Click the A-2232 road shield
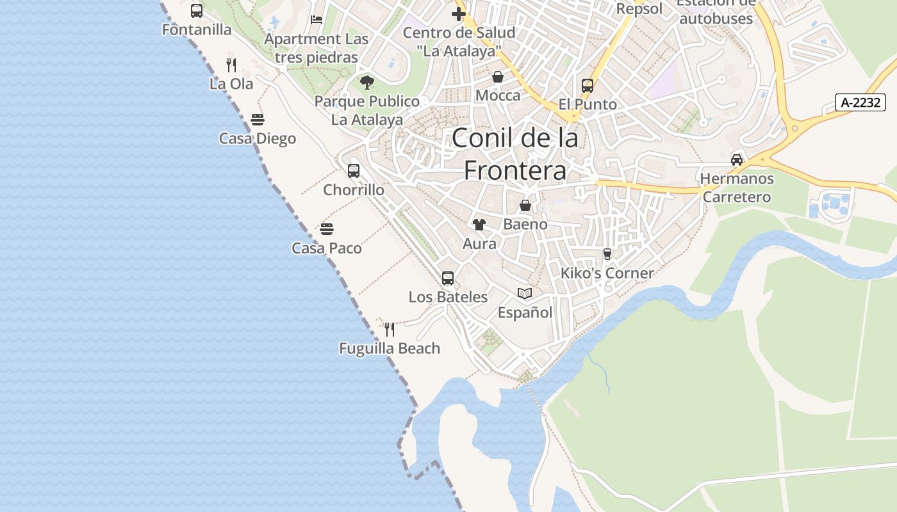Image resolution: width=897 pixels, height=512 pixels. point(860,102)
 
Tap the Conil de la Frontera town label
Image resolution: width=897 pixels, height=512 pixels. point(515,154)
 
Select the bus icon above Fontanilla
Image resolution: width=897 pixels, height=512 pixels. point(197,11)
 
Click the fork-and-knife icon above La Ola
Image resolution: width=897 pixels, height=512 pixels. point(231,65)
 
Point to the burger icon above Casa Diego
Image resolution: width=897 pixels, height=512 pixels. point(258,120)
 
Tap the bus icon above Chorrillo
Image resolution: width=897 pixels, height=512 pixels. point(354,171)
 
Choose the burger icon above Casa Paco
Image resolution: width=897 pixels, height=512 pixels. point(327,229)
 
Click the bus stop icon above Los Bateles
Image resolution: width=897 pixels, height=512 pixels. point(448,278)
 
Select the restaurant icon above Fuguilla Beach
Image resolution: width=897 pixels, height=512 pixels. point(390,330)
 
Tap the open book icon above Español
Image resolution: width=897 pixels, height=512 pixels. point(525,294)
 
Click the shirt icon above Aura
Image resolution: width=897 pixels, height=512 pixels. point(479,225)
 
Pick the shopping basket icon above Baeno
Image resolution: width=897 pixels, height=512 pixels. point(525,205)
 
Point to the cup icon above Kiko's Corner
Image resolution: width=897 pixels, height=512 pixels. point(607,254)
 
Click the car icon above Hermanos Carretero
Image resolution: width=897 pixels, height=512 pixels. point(737,160)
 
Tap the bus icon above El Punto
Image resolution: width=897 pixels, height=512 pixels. point(588,86)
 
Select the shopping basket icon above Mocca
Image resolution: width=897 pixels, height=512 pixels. point(498,77)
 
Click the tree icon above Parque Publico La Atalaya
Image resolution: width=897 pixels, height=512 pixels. point(367,83)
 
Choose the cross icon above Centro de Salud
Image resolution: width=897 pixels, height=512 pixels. point(459,13)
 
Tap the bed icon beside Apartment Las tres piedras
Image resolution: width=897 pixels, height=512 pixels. point(317,20)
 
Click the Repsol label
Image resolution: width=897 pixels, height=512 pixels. point(639,9)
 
